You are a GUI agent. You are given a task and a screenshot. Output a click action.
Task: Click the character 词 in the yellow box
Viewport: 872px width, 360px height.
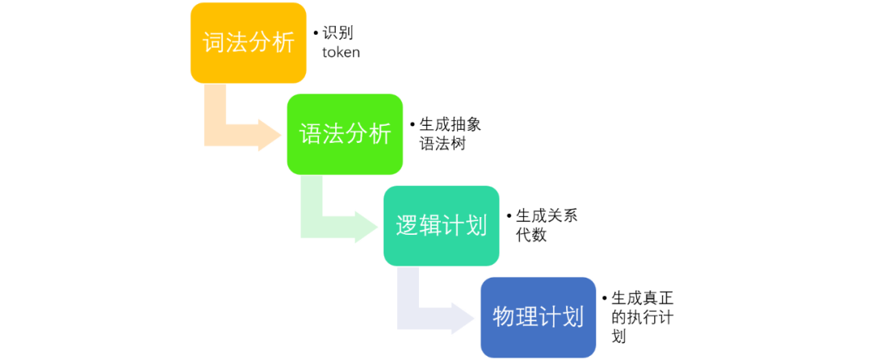click(x=214, y=43)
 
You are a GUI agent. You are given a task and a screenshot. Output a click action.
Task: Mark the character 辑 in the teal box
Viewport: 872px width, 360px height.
click(x=430, y=226)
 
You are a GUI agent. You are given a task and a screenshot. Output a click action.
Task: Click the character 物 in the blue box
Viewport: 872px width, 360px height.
click(x=505, y=316)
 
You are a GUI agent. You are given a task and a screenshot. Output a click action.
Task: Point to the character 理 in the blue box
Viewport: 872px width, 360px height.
click(x=527, y=316)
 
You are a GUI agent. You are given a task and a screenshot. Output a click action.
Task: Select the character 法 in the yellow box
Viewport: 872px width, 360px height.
click(x=237, y=43)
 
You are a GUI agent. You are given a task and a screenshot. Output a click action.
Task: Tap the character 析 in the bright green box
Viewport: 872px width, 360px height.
click(x=379, y=134)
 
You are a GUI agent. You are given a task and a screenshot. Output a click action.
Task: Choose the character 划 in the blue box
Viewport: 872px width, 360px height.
click(x=572, y=316)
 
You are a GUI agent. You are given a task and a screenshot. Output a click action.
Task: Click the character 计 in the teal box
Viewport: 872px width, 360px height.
click(x=453, y=226)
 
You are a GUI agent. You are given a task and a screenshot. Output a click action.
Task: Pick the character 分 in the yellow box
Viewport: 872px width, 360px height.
click(x=260, y=43)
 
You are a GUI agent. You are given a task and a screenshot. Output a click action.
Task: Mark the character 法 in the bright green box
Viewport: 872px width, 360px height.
click(x=334, y=134)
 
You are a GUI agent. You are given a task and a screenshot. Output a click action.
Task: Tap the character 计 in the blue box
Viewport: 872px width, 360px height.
click(x=550, y=316)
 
